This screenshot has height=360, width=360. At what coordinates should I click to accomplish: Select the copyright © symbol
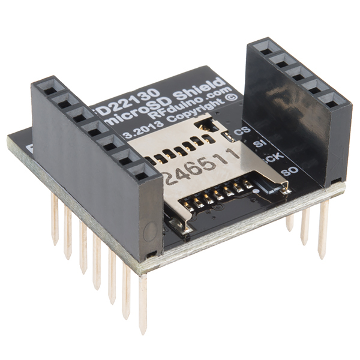tap(232, 96)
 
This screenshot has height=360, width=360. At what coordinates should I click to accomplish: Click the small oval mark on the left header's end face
tap(152, 232)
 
